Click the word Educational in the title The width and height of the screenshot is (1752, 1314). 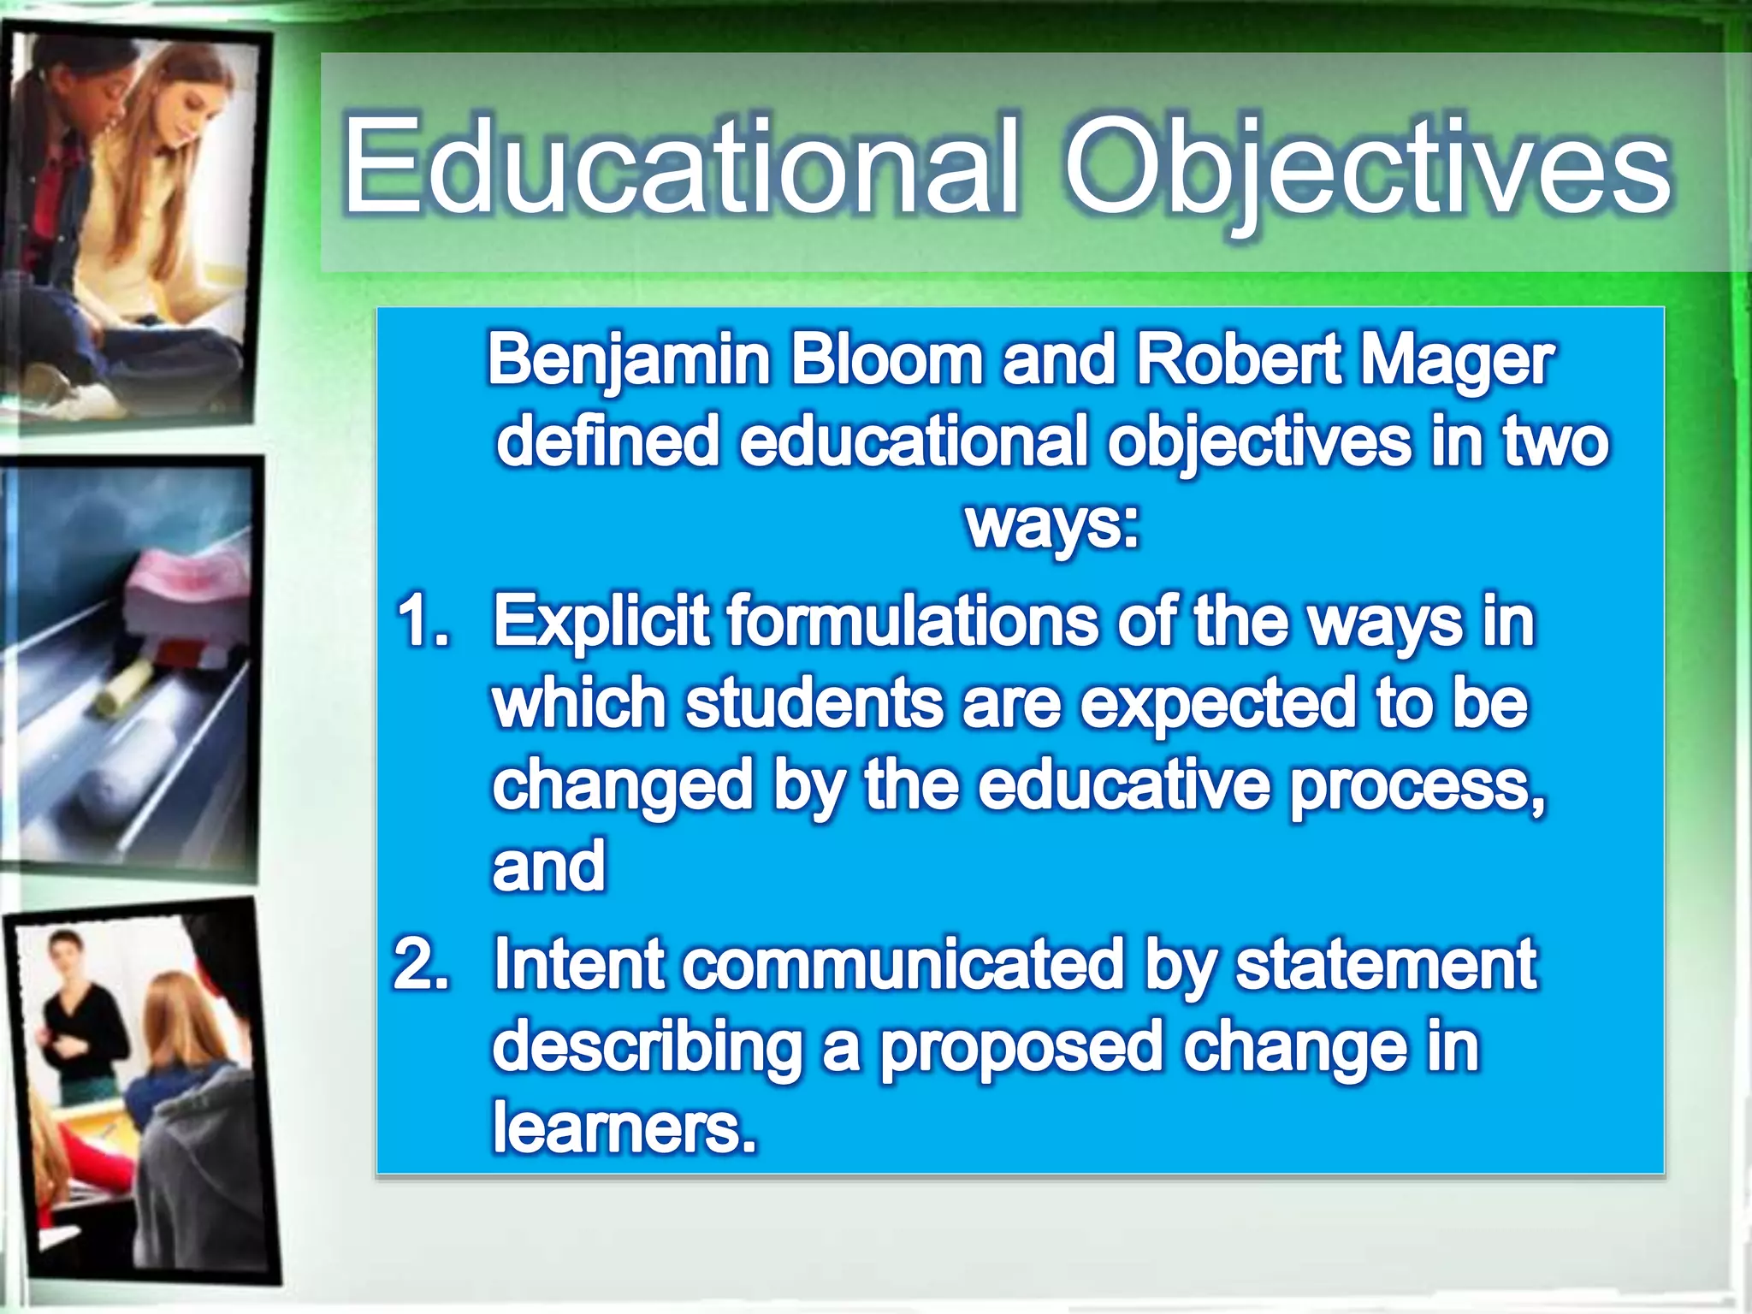tap(681, 167)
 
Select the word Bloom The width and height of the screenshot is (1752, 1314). tap(886, 359)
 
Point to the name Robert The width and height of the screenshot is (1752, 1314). tap(1237, 359)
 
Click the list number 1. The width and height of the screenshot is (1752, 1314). tap(423, 620)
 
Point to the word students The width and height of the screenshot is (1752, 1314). tap(813, 703)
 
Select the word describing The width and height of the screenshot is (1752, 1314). tap(647, 1047)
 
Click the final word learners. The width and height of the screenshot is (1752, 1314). tap(624, 1128)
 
